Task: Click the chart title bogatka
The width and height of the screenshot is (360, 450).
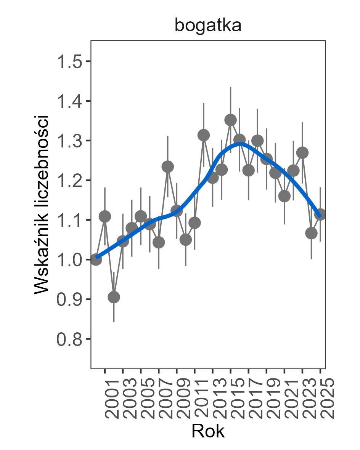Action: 208,26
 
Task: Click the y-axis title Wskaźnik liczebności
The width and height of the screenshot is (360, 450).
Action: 42,204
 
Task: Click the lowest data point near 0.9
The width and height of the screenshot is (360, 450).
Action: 114,297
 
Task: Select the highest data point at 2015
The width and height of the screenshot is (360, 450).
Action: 230,120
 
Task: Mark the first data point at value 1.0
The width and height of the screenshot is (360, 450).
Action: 96,259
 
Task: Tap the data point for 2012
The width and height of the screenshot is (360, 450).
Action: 204,135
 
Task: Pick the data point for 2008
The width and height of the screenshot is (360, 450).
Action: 168,167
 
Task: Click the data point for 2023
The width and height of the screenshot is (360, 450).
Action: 302,153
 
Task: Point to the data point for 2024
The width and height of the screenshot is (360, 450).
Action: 312,233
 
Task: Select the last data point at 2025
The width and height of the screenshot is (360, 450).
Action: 320,214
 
